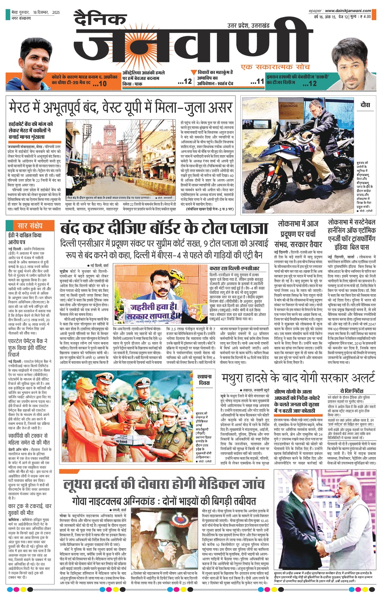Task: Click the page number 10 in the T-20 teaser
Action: pyautogui.click(x=102, y=84)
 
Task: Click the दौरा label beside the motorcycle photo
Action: pyautogui.click(x=365, y=105)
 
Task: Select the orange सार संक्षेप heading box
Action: pyautogui.click(x=30, y=226)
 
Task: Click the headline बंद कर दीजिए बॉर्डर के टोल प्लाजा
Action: pyautogui.click(x=164, y=230)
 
